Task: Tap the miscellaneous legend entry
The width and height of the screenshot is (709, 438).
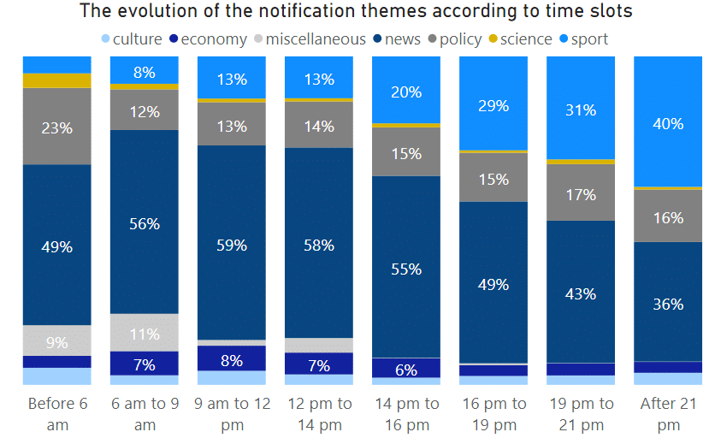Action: pyautogui.click(x=316, y=38)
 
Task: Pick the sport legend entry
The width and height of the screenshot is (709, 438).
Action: pyautogui.click(x=589, y=38)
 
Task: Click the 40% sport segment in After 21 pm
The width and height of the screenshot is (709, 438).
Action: pyautogui.click(x=667, y=122)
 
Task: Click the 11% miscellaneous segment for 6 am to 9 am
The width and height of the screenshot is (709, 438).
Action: pyautogui.click(x=145, y=333)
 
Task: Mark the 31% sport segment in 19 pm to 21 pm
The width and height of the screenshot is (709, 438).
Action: pyautogui.click(x=580, y=109)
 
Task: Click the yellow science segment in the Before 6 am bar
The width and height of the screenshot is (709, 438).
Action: pyautogui.click(x=56, y=80)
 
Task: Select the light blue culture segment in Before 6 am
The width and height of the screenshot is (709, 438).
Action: pyautogui.click(x=56, y=376)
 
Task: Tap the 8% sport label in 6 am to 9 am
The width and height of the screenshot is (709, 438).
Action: pyautogui.click(x=145, y=73)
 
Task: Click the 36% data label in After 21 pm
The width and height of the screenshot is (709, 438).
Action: pyautogui.click(x=667, y=304)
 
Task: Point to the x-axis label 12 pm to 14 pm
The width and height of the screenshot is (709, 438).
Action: pyautogui.click(x=318, y=413)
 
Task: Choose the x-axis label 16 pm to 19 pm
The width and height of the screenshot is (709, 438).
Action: pyautogui.click(x=493, y=413)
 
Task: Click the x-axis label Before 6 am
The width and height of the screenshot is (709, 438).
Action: pyautogui.click(x=56, y=413)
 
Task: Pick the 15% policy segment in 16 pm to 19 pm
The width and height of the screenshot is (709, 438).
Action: pyautogui.click(x=493, y=179)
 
